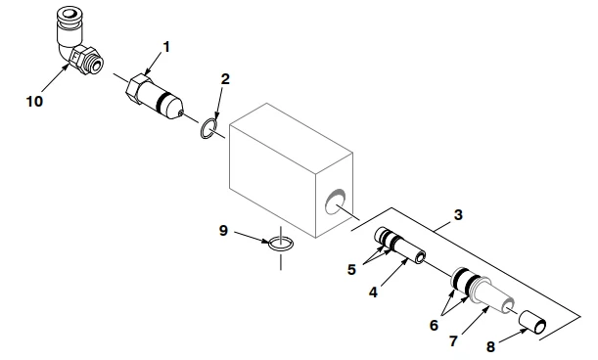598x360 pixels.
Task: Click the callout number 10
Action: tap(34, 102)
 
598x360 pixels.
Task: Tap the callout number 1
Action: tap(166, 47)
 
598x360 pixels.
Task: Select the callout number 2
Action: tap(225, 79)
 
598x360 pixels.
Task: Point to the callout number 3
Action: tap(458, 214)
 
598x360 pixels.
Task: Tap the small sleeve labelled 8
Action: tap(532, 323)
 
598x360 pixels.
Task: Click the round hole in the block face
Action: tap(336, 201)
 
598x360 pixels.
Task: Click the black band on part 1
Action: tap(162, 101)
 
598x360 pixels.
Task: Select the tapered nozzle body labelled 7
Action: tap(483, 292)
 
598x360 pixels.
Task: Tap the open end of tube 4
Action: tap(421, 258)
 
